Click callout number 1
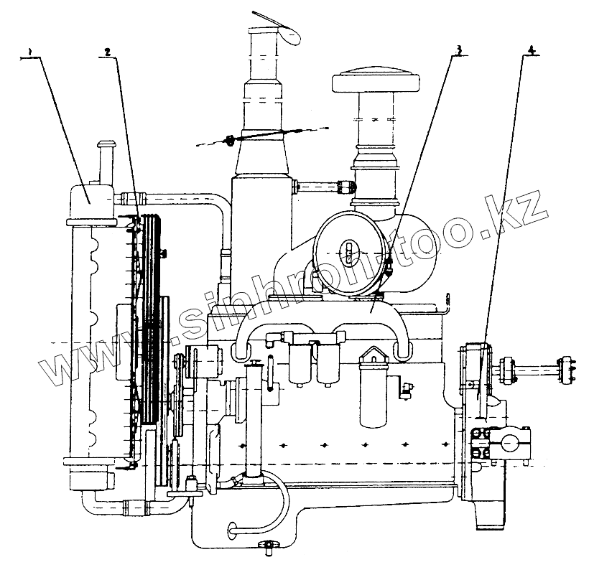coord(29,52)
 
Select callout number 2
coord(106,52)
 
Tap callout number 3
coord(457,50)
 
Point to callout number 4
coord(531,50)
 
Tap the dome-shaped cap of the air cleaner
coord(372,77)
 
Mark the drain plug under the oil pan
coord(269,549)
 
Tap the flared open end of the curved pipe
coord(231,530)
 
